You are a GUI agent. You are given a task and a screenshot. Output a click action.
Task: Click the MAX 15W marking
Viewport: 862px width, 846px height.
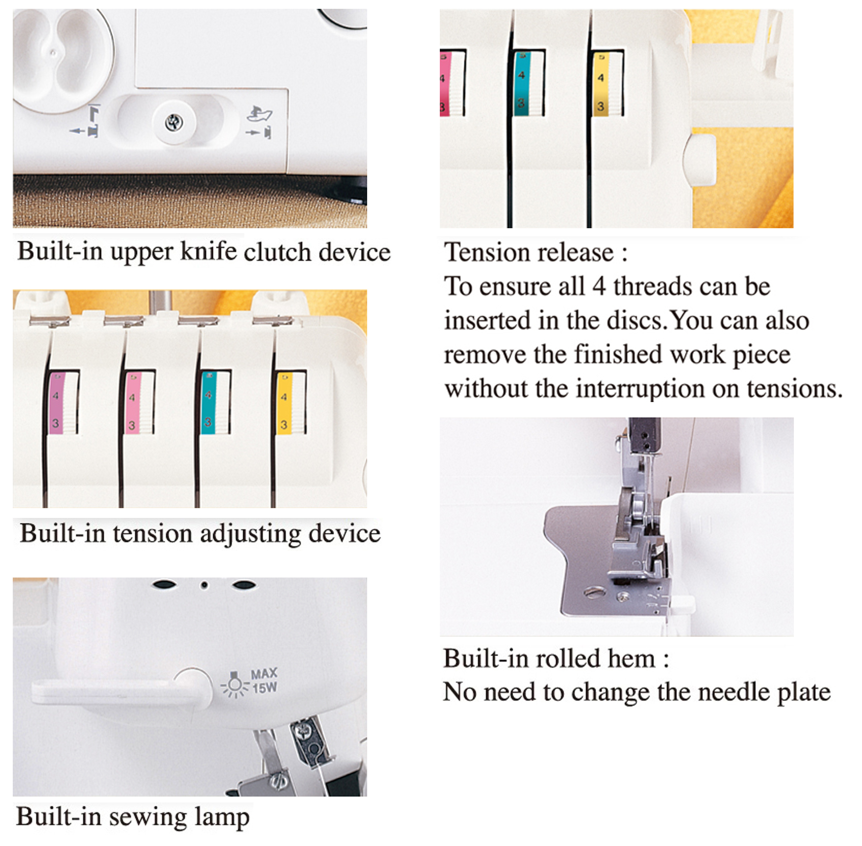click(264, 681)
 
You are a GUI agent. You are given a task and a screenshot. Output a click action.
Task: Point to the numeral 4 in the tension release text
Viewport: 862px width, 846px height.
click(599, 286)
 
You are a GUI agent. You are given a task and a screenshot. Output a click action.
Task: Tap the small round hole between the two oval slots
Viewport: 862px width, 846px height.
click(204, 585)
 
